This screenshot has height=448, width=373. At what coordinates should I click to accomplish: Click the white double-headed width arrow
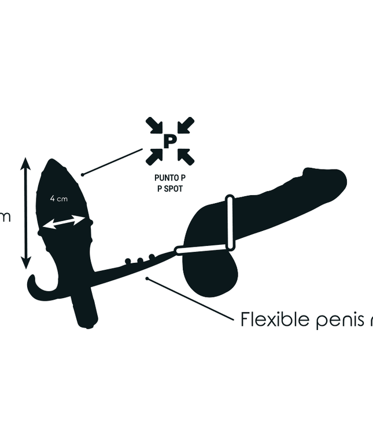[x=65, y=222]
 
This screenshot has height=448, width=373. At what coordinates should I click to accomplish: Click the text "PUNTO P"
[x=169, y=179]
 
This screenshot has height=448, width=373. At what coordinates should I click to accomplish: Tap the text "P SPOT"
[x=169, y=189]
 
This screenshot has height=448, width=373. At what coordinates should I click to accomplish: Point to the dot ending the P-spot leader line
[x=83, y=174]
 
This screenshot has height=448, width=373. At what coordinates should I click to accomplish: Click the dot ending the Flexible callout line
[x=149, y=279]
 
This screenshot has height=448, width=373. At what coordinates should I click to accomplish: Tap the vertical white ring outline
[x=231, y=223]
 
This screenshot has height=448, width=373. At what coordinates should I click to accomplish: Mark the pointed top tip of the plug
[x=57, y=160]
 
